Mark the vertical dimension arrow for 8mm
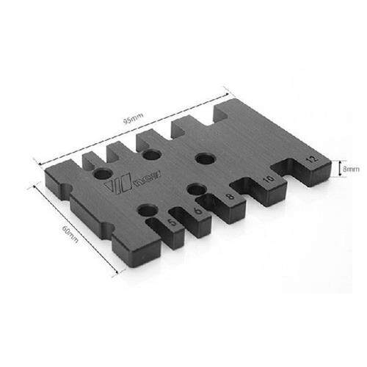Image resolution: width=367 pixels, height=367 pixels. point(335,170)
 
